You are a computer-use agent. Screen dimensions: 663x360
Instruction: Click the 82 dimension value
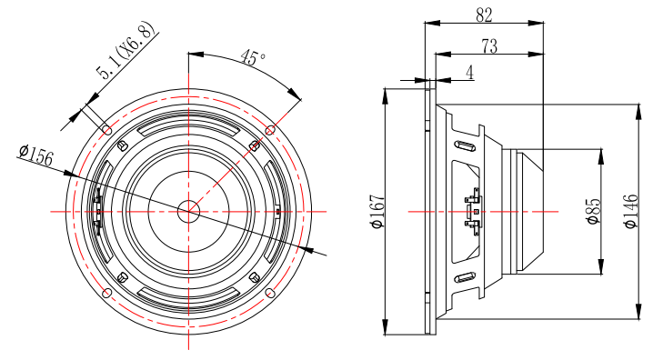(484, 15)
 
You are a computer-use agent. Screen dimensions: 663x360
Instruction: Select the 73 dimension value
(489, 46)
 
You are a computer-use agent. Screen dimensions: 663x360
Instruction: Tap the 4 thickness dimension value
(470, 73)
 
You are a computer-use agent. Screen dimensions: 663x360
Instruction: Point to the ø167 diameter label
(377, 211)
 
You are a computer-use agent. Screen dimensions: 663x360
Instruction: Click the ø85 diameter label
(594, 211)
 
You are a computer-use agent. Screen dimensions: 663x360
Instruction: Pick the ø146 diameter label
(630, 211)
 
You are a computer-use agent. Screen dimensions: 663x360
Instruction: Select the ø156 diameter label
(36, 155)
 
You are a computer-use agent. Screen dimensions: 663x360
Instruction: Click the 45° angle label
(253, 57)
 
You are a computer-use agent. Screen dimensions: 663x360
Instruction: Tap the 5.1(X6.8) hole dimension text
(126, 50)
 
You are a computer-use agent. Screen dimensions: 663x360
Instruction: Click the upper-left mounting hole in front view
(107, 129)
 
